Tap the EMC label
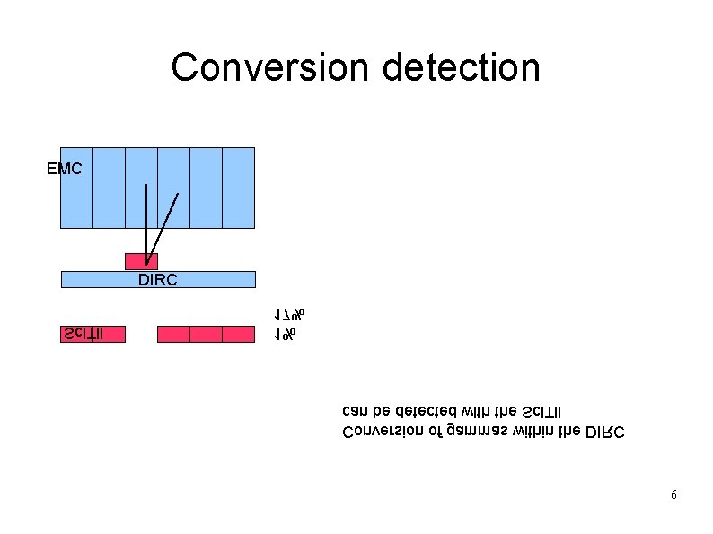[x=65, y=168]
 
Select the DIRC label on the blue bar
[x=158, y=280]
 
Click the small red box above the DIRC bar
[x=141, y=262]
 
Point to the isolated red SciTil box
[x=92, y=334]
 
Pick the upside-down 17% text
[x=290, y=315]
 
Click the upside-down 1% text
[x=286, y=335]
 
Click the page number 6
[x=673, y=495]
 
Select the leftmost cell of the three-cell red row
[x=173, y=334]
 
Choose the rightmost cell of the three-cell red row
[x=239, y=334]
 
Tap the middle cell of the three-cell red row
[x=206, y=334]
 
